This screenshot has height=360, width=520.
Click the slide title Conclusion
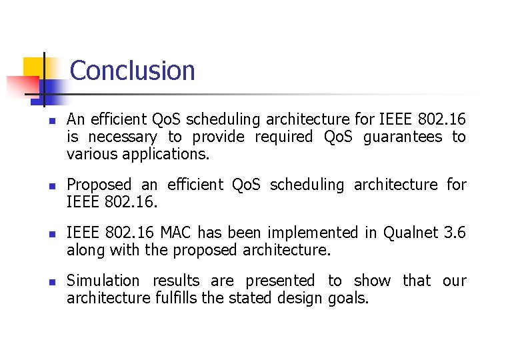pos(132,71)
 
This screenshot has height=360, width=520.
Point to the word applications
pos(173,155)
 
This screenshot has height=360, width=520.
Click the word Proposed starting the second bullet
pos(99,185)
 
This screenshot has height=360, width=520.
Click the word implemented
pos(304,233)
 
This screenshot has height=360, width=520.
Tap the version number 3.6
pos(455,233)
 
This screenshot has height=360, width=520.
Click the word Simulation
pos(103,281)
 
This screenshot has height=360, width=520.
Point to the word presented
pos(280,281)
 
